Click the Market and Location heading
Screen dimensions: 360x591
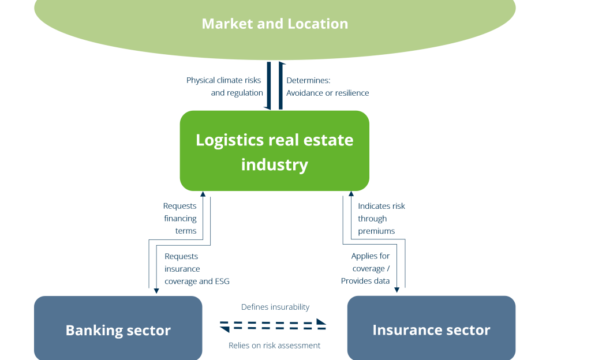[275, 24]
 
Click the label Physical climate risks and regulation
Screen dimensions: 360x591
[225, 87]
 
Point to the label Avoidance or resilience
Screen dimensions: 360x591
[327, 93]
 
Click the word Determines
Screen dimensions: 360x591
[308, 80]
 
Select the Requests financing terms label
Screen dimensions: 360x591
[180, 219]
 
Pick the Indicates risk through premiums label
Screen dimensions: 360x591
[381, 219]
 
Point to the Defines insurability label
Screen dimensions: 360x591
[275, 307]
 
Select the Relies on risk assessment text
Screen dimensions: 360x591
[275, 346]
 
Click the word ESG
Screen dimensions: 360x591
[222, 281]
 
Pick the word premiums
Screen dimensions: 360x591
[376, 231]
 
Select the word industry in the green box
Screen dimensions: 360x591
[275, 165]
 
